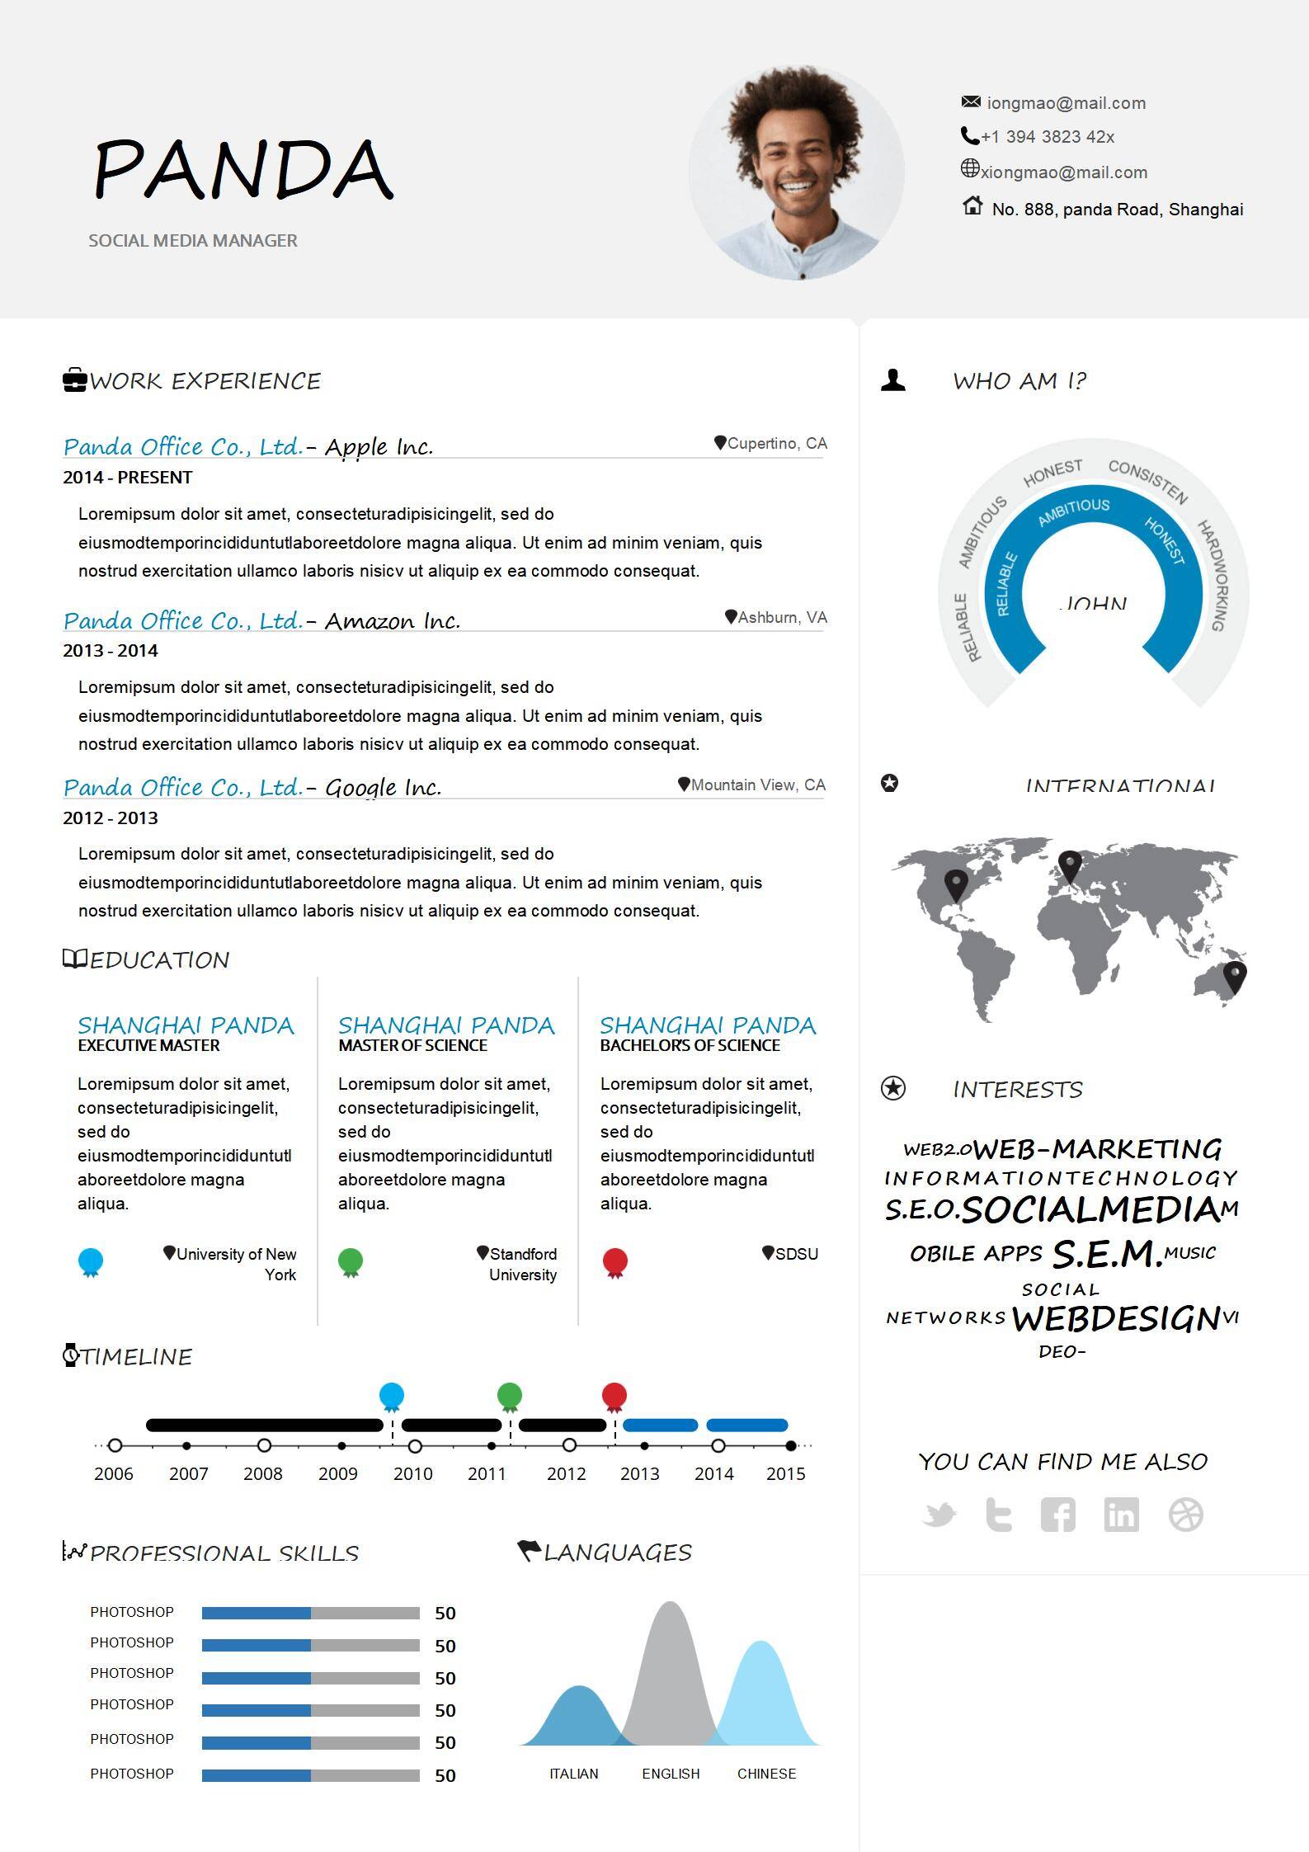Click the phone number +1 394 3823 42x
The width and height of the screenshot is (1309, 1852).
point(1047,137)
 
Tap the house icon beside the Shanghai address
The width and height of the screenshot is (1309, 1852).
point(972,205)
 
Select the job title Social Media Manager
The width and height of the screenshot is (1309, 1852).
point(193,241)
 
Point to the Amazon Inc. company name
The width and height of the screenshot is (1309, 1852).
point(393,620)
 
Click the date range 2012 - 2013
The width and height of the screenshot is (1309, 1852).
point(111,818)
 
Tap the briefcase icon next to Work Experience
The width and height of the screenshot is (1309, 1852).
point(75,380)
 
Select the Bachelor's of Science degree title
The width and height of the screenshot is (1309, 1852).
point(690,1046)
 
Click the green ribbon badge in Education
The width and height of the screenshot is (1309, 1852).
point(351,1262)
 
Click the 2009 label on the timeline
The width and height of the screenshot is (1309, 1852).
point(338,1474)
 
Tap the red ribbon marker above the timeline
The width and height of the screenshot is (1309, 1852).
point(614,1397)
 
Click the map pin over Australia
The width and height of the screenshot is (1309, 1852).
point(1235,976)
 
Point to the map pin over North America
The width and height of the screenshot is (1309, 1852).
point(956,885)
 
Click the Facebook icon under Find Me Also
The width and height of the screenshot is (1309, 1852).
point(1058,1515)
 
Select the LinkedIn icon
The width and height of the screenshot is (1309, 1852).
point(1121,1515)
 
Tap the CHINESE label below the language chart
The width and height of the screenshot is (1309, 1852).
point(766,1774)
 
